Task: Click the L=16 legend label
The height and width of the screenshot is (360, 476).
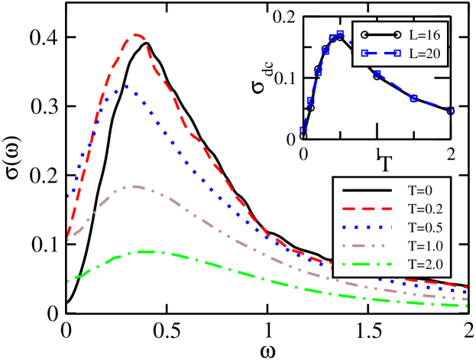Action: [x=424, y=35]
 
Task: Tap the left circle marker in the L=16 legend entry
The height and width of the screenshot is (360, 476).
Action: [x=365, y=35]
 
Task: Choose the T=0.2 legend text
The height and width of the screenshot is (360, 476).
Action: [x=426, y=209]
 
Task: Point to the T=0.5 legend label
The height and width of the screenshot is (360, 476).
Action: [x=426, y=227]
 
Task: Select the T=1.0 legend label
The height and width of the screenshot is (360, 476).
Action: [x=426, y=246]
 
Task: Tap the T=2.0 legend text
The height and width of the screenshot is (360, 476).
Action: [x=426, y=264]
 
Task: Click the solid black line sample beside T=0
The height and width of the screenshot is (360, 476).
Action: [x=367, y=190]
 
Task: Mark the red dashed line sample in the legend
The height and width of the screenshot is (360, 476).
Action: [x=367, y=209]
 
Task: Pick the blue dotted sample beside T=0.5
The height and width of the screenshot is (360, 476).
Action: [x=367, y=227]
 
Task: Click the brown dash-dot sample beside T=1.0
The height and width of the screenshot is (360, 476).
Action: [x=367, y=246]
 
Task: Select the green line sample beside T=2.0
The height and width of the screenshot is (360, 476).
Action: [x=367, y=264]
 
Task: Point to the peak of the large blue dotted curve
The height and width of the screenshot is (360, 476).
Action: [x=127, y=86]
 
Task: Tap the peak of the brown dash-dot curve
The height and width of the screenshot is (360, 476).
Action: [x=136, y=186]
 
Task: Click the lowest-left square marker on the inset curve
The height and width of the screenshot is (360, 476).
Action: [x=303, y=130]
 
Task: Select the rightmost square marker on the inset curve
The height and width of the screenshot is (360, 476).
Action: [x=450, y=111]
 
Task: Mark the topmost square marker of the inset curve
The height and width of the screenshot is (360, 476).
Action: [x=340, y=34]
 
